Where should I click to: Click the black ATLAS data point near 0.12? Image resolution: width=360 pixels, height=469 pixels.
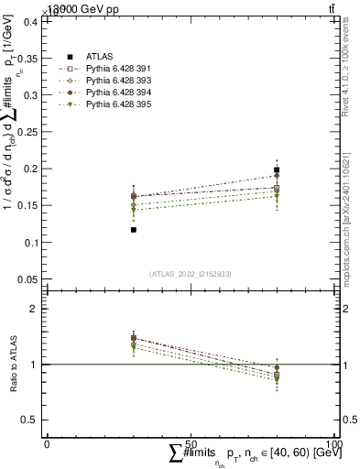[x=134, y=230]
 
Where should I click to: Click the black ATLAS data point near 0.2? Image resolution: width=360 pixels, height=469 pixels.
[x=277, y=169]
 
